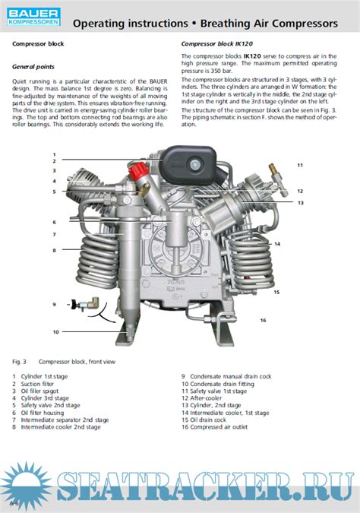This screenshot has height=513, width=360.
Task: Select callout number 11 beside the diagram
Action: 299,165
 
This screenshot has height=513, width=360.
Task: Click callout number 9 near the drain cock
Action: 55,305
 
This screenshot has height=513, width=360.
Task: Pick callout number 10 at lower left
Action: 55,332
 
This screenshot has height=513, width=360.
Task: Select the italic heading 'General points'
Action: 33,67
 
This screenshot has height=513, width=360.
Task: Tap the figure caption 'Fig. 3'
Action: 20,362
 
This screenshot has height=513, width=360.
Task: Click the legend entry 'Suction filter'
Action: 43,383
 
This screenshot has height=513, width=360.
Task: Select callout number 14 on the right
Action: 277,243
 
